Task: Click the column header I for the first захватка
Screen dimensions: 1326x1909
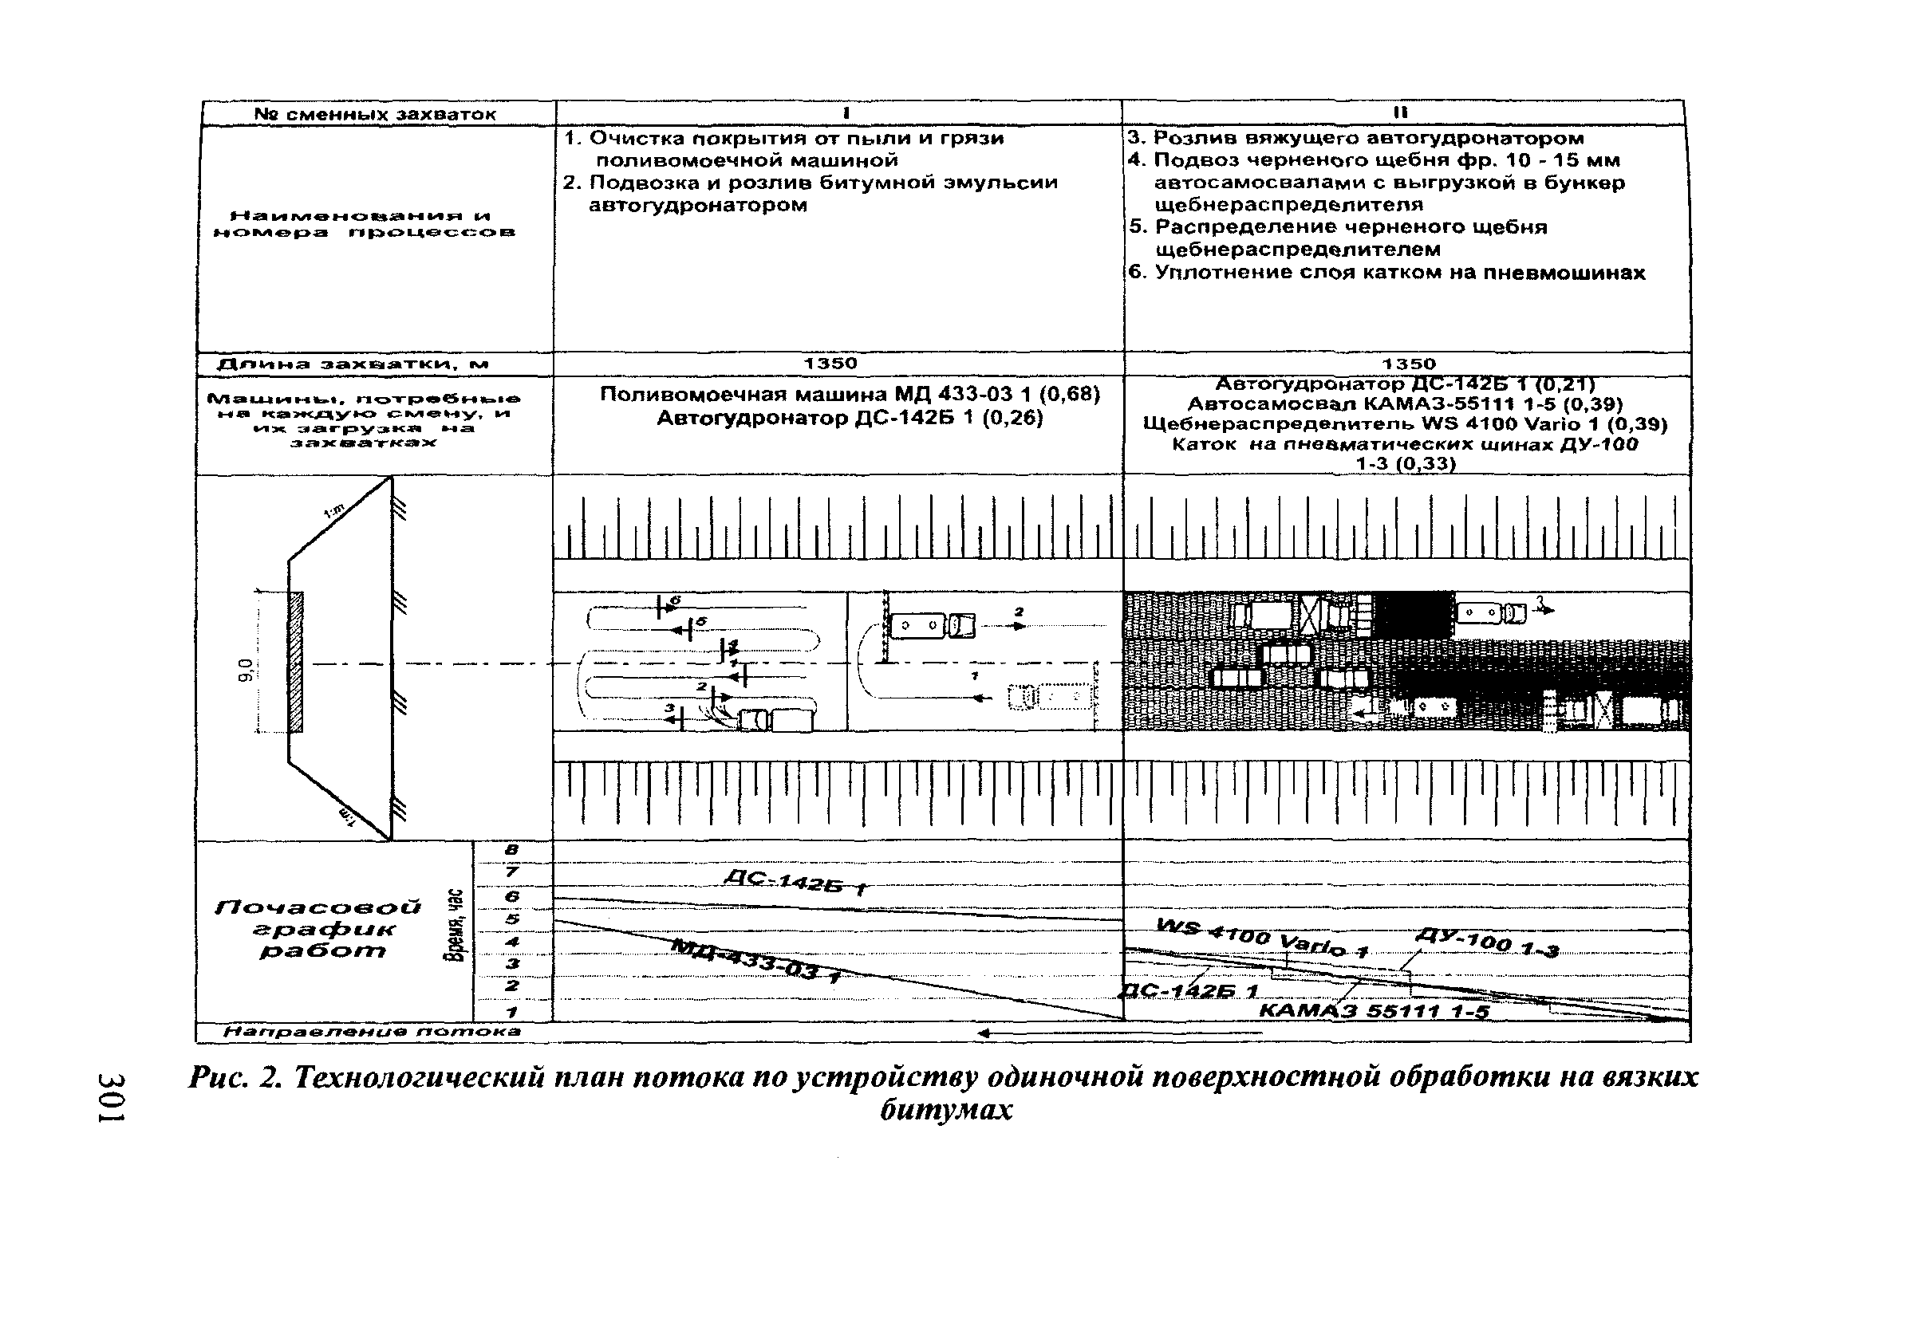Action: click(844, 113)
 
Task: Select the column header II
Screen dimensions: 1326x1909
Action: click(1400, 113)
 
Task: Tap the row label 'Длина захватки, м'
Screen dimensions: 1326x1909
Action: click(353, 364)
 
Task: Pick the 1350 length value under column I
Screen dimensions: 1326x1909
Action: click(830, 364)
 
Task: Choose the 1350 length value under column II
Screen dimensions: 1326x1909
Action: click(1409, 364)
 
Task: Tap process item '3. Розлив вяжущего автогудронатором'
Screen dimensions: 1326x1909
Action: click(1355, 138)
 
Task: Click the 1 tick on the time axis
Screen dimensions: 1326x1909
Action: click(512, 1012)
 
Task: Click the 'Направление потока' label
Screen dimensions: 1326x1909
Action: click(372, 1032)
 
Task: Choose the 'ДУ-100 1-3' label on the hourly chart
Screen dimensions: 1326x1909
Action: click(1487, 946)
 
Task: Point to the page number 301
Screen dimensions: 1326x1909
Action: click(111, 1096)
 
